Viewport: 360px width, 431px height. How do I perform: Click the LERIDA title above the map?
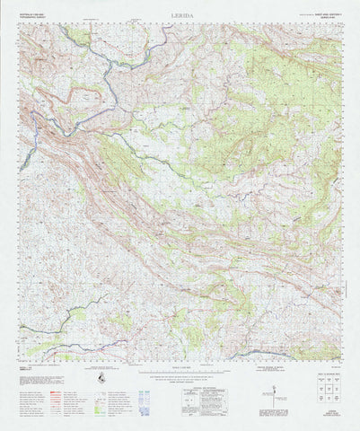coord(180,15)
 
